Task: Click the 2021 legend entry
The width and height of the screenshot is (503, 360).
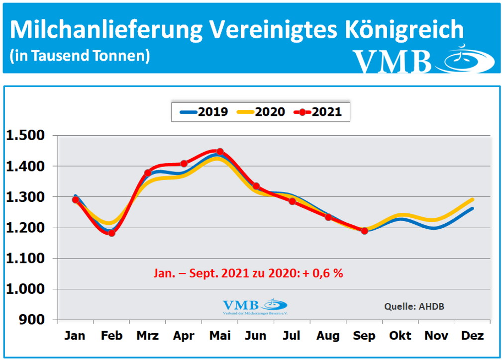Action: [320, 112]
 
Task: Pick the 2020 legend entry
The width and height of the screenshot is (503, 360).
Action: [263, 112]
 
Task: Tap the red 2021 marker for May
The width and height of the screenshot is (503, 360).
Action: [220, 152]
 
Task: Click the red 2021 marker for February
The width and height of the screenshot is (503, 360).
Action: [111, 233]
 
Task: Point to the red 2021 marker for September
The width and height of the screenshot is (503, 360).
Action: [364, 231]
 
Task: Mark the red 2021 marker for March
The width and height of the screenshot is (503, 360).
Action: [148, 173]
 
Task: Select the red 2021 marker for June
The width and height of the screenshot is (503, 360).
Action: [256, 186]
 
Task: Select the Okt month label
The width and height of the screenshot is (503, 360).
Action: [400, 336]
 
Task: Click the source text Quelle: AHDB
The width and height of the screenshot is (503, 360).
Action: [414, 306]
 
